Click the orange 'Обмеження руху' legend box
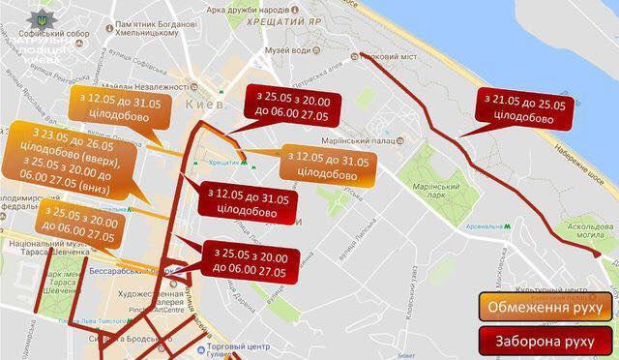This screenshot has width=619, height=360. [x=545, y=308]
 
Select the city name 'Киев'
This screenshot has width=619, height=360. [x=209, y=104]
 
